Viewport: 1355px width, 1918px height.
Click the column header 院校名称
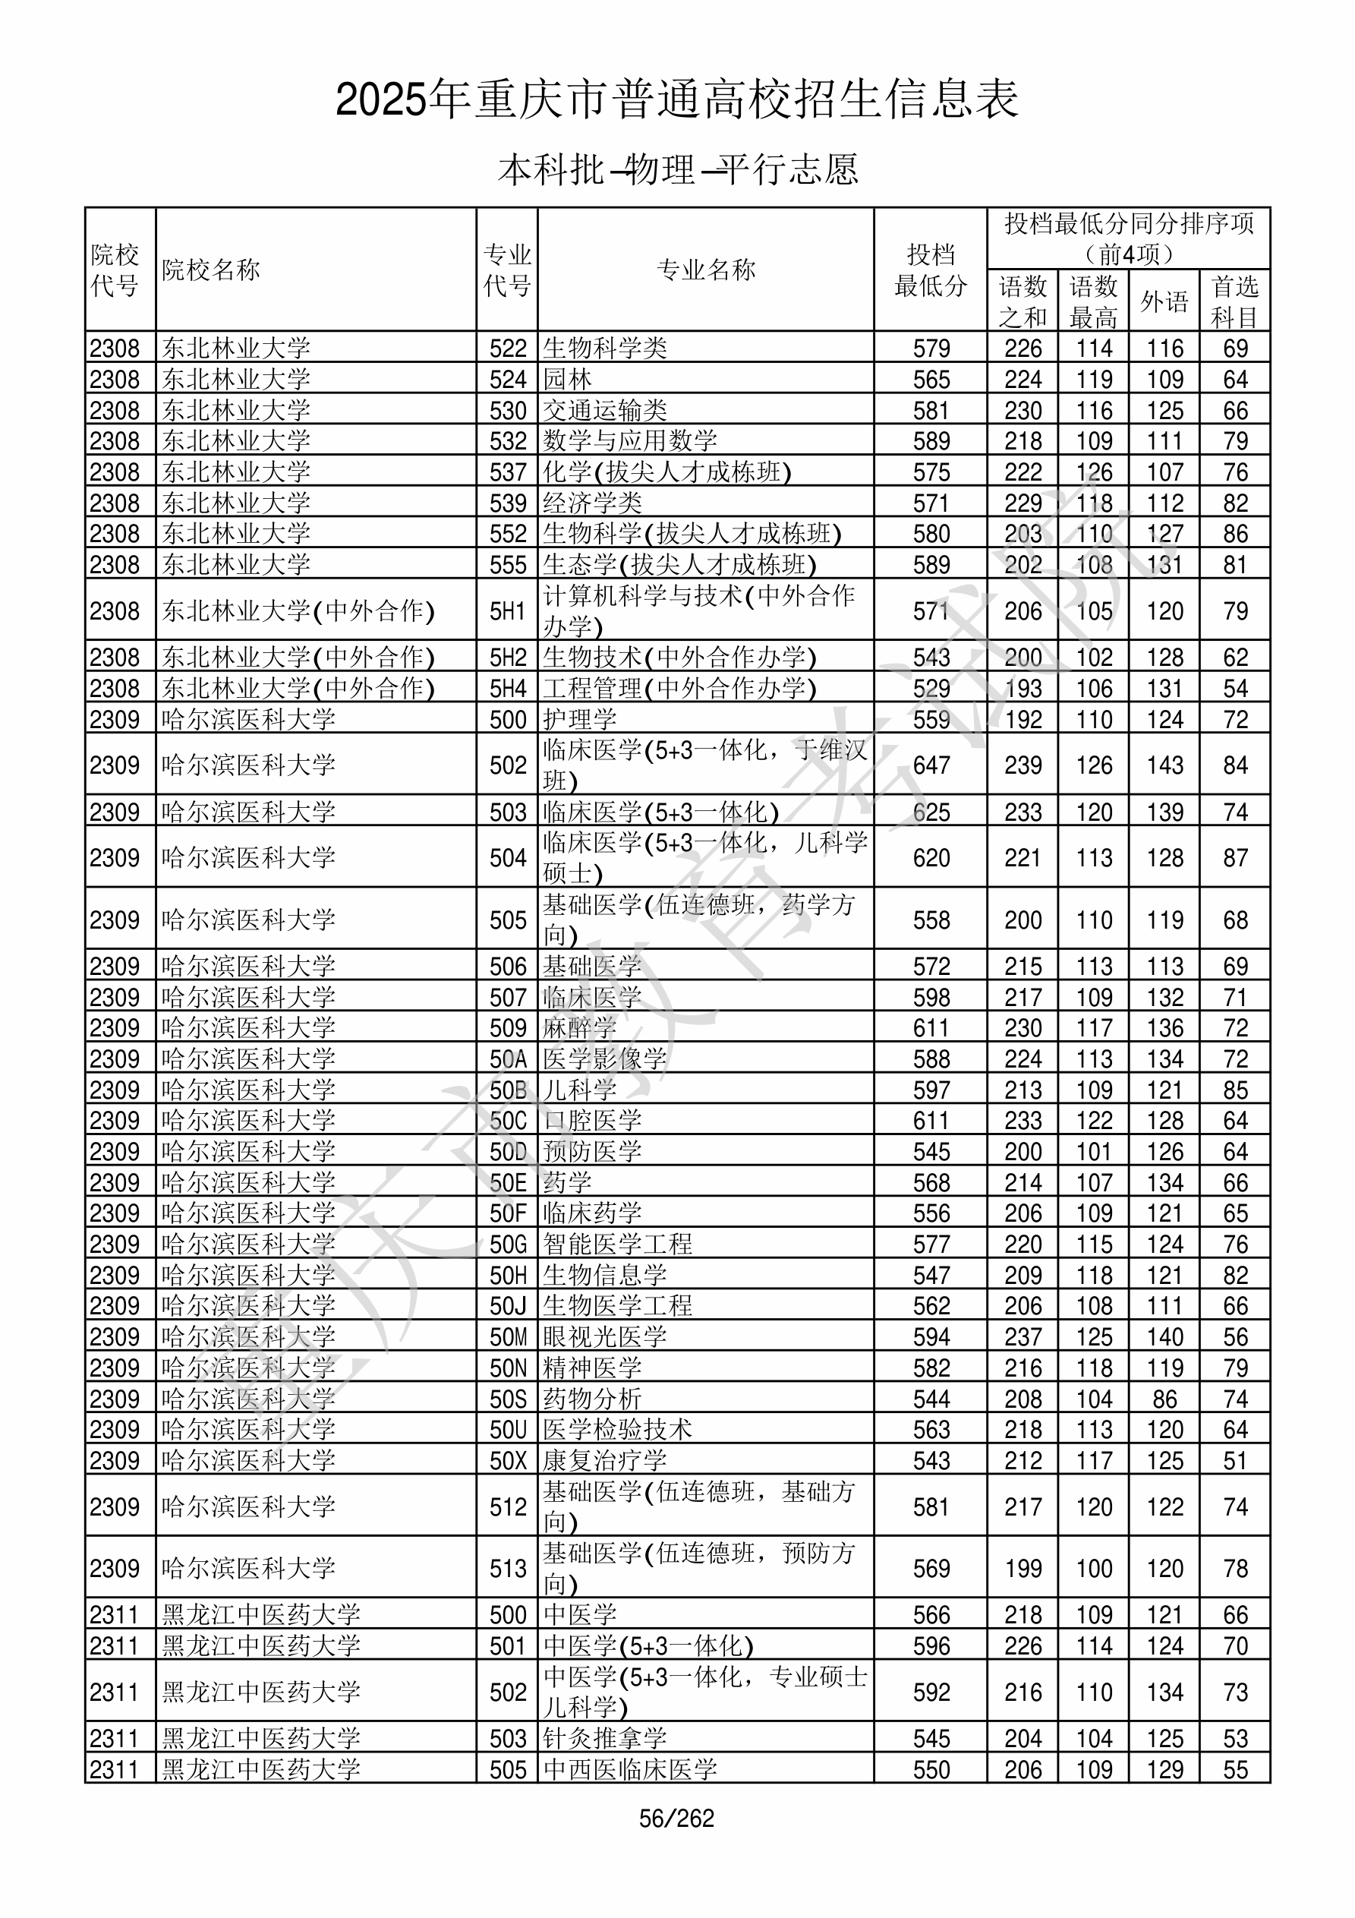pyautogui.click(x=211, y=270)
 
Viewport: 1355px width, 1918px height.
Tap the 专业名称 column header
pyautogui.click(x=706, y=270)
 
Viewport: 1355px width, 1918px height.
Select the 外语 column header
pyautogui.click(x=1164, y=301)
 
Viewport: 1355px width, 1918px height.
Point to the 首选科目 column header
pyautogui.click(x=1235, y=301)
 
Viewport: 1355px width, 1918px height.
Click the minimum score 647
pyautogui.click(x=931, y=765)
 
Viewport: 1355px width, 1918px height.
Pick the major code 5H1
pyautogui.click(x=508, y=611)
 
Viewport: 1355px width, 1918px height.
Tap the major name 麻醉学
pyautogui.click(x=580, y=1028)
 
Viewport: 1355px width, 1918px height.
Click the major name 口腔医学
pyautogui.click(x=592, y=1121)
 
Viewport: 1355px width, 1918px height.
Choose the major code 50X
pyautogui.click(x=508, y=1461)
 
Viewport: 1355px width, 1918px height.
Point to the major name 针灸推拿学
pyautogui.click(x=605, y=1738)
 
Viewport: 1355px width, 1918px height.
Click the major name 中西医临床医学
pyautogui.click(x=630, y=1769)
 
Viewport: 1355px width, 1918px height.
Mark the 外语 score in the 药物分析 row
pyautogui.click(x=1164, y=1399)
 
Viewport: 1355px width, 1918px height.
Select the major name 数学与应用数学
pyautogui.click(x=630, y=441)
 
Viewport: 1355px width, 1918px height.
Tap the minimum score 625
pyautogui.click(x=931, y=812)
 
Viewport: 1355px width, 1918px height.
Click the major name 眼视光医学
pyautogui.click(x=605, y=1337)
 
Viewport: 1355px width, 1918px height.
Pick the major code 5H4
pyautogui.click(x=508, y=689)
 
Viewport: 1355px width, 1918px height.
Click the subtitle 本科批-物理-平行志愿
pyautogui.click(x=677, y=169)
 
